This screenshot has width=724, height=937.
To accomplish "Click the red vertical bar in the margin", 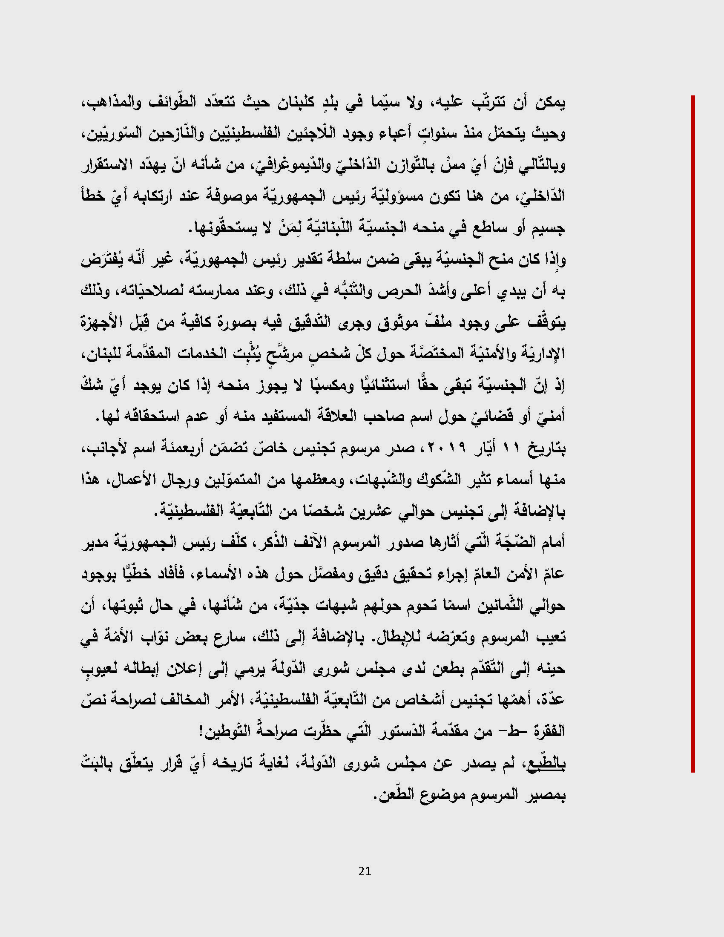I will click(692, 433).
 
